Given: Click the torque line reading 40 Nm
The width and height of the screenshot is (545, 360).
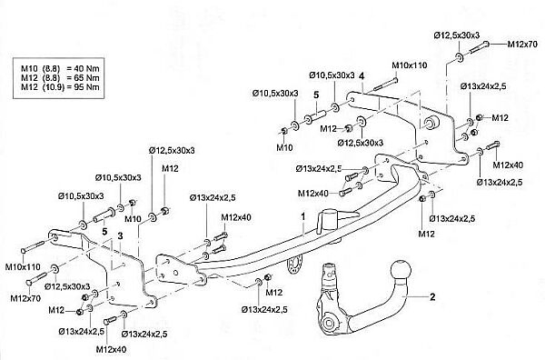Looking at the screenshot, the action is [x=60, y=68].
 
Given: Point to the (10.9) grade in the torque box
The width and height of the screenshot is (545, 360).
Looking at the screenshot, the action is [x=54, y=87].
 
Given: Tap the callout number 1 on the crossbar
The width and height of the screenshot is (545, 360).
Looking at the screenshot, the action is [x=303, y=216].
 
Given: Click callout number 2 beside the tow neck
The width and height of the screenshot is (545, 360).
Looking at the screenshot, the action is [x=432, y=296].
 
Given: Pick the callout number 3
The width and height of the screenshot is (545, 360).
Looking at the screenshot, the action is [x=120, y=236].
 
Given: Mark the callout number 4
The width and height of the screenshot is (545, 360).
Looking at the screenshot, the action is [x=362, y=75].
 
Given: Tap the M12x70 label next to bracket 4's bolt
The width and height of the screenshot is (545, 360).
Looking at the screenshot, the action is [x=522, y=45].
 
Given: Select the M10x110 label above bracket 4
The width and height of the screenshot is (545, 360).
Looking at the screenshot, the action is [x=410, y=65].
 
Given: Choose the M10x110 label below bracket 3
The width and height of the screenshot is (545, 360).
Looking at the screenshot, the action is [x=23, y=267].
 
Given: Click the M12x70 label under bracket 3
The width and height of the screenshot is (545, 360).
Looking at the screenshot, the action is [x=25, y=298].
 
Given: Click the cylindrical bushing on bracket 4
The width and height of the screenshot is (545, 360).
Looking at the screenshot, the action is [x=431, y=122].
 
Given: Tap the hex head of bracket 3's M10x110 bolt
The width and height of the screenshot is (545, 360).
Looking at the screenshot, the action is [x=24, y=251].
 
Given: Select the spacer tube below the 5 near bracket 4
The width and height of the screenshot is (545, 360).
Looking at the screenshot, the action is [x=315, y=117].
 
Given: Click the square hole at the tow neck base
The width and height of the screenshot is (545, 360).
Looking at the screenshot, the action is [x=328, y=324].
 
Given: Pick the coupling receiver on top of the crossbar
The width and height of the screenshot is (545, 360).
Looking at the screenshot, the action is [x=329, y=220].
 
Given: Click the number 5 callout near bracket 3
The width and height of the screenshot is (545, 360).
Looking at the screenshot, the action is [x=104, y=231].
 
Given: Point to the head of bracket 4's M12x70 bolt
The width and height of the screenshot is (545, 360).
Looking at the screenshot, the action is [x=486, y=44].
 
